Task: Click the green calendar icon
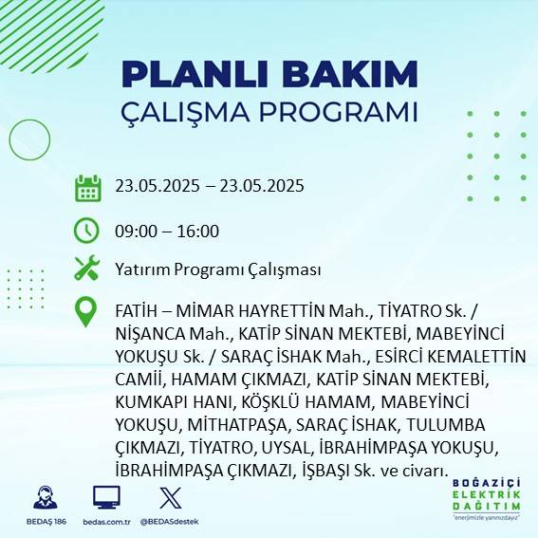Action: click(87, 188)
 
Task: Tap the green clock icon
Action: click(87, 230)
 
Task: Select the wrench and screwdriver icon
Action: click(87, 269)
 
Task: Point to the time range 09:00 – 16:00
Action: click(167, 231)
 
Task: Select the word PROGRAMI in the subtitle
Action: click(337, 111)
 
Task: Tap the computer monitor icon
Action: click(106, 496)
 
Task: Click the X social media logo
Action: click(168, 496)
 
